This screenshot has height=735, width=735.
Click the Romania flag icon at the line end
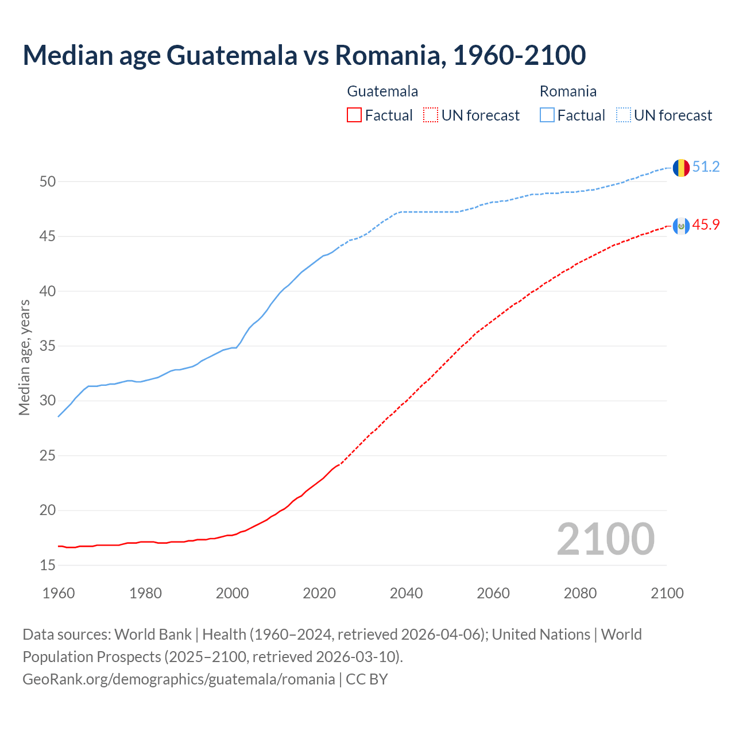[x=681, y=168]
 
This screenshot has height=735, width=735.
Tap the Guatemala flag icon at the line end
[x=681, y=226]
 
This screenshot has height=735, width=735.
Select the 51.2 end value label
[x=706, y=167]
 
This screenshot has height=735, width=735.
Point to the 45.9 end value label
[x=706, y=225]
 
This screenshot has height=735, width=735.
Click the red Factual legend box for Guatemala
[x=354, y=115]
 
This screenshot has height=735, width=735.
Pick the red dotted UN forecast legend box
[x=431, y=115]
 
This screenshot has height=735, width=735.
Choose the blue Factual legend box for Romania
[x=547, y=115]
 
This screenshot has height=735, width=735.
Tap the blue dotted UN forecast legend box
[x=624, y=115]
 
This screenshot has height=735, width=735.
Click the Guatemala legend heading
[x=382, y=91]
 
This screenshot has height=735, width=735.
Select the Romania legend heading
[x=568, y=91]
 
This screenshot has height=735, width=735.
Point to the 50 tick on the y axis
[x=48, y=182]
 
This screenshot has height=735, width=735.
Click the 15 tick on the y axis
[x=48, y=566]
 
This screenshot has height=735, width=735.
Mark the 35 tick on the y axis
[x=48, y=346]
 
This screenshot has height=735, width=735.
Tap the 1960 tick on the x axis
[x=59, y=593]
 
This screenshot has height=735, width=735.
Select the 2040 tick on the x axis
[x=407, y=593]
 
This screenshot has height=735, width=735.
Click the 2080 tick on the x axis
[x=580, y=593]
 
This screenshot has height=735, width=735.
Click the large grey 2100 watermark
[x=605, y=539]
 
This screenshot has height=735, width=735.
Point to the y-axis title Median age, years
[x=24, y=357]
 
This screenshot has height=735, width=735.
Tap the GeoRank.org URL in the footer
[x=179, y=679]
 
